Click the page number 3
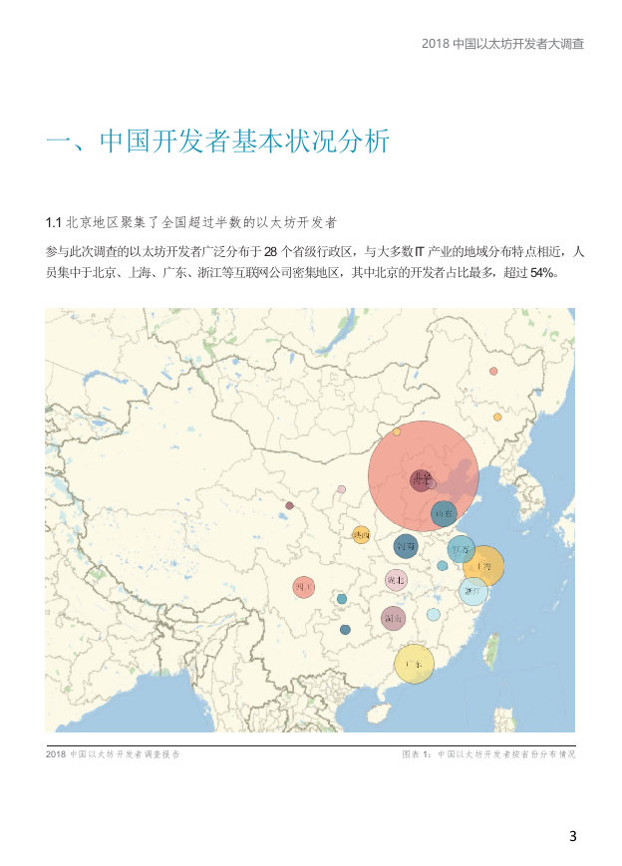click(572, 836)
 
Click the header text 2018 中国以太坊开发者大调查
click(502, 44)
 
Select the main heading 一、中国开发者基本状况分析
click(217, 142)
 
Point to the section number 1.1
click(54, 220)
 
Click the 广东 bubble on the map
click(414, 663)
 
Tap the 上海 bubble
click(484, 565)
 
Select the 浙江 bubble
click(473, 591)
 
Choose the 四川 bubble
click(304, 588)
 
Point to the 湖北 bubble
click(396, 580)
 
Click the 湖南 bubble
click(394, 618)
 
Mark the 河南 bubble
click(406, 545)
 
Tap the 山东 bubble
click(444, 514)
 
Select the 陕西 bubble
click(361, 534)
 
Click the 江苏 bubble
click(461, 549)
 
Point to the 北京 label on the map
click(422, 479)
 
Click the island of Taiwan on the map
click(491, 649)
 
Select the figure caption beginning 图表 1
click(488, 754)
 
